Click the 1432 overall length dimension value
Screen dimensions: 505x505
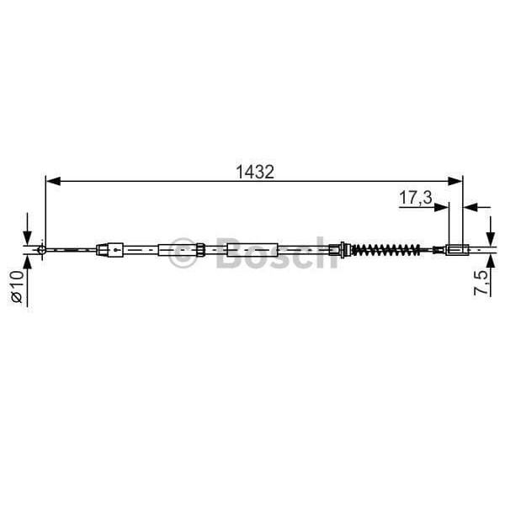(255, 171)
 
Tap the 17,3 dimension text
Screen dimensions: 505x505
(415, 198)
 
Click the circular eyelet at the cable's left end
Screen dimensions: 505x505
(42, 249)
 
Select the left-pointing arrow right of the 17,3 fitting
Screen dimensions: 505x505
(471, 205)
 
